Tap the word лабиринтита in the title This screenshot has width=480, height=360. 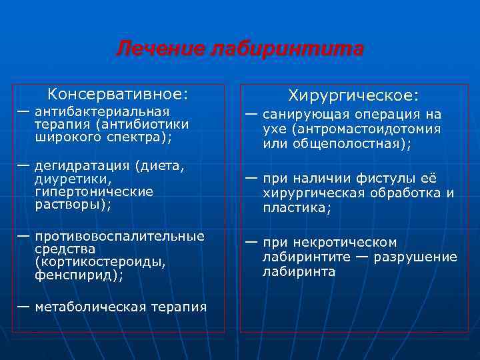pos(286,49)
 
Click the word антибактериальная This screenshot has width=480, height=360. pos(102,111)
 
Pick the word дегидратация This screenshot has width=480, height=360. pos(81,166)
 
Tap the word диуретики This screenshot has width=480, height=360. pos(68,179)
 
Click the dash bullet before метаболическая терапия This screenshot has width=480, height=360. pos(23,306)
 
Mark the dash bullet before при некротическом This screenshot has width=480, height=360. pos(251,242)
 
